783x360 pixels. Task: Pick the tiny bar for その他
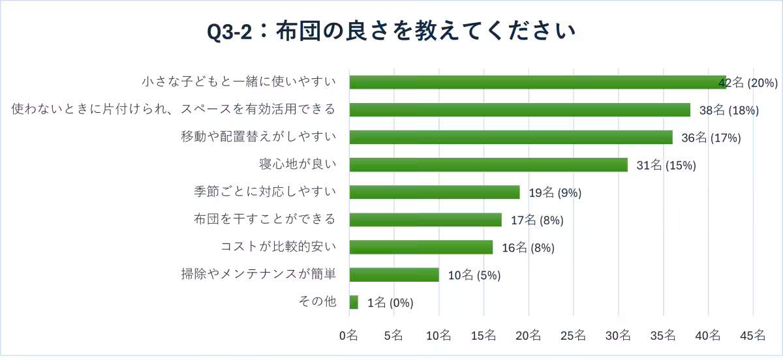[354, 302]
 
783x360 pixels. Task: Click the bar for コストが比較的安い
[421, 247]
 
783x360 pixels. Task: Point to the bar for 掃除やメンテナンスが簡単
[394, 275]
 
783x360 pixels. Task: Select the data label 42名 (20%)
[748, 83]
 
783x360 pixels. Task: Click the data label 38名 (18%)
[729, 110]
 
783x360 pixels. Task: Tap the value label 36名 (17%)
[711, 138]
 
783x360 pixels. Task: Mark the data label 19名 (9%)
[555, 192]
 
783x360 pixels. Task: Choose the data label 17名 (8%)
[537, 220]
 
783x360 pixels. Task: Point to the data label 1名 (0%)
[391, 303]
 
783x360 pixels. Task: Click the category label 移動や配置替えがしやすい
[258, 137]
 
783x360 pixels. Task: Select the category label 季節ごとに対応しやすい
[265, 192]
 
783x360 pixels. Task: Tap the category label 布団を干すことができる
[265, 219]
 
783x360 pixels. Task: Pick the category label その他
[316, 301]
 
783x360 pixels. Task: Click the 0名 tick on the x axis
[348, 336]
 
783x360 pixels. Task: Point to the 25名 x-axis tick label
[573, 336]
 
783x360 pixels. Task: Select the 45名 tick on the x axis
[752, 336]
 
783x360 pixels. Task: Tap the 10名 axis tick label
[438, 336]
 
